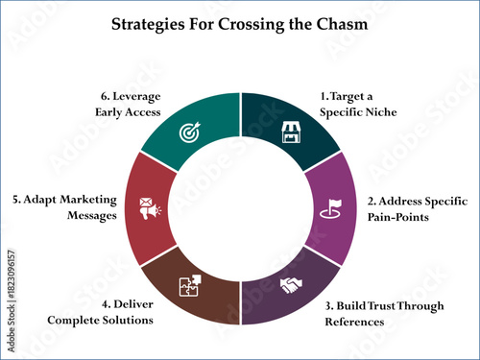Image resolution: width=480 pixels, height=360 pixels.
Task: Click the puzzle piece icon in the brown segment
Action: pos(190,285)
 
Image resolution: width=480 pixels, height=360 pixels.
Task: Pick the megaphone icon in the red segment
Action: pos(150,206)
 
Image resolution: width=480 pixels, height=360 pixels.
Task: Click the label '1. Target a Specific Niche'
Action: pos(357,104)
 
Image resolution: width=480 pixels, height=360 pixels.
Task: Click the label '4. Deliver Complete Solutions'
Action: pos(104,311)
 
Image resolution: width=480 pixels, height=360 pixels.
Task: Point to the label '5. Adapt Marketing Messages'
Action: pos(65,208)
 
